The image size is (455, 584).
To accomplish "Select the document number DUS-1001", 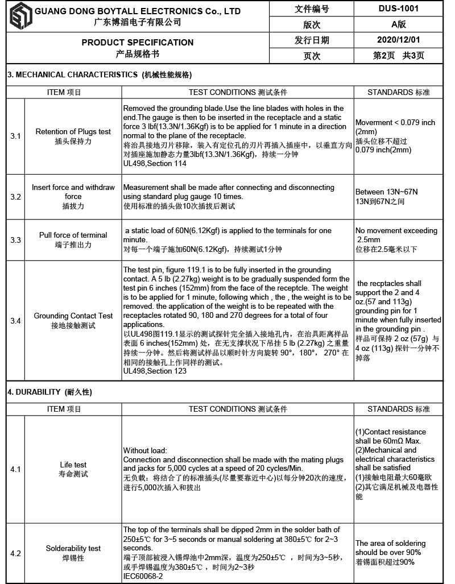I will tap(398, 9).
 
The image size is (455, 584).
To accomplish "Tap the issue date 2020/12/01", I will tap(398, 40).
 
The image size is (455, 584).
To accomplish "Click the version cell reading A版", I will tap(398, 24).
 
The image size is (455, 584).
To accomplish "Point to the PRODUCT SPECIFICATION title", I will tap(137, 42).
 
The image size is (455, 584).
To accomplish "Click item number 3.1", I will tap(15, 136).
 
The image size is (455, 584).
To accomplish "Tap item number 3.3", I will tap(15, 240).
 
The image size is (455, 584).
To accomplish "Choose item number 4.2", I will tap(15, 553).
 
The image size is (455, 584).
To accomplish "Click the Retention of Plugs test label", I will tap(73, 131).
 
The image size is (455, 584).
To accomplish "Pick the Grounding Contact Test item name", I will tap(73, 316).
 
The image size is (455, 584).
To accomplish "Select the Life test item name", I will tap(73, 465).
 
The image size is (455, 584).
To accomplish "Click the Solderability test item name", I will tap(73, 548).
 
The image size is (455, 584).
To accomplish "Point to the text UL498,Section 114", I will tap(155, 163).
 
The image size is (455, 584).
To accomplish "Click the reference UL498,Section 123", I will tap(155, 371).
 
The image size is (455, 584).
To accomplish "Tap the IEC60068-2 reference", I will tap(143, 576).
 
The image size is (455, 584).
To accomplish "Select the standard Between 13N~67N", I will tap(387, 192).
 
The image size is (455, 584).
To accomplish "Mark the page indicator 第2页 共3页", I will tap(398, 56).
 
